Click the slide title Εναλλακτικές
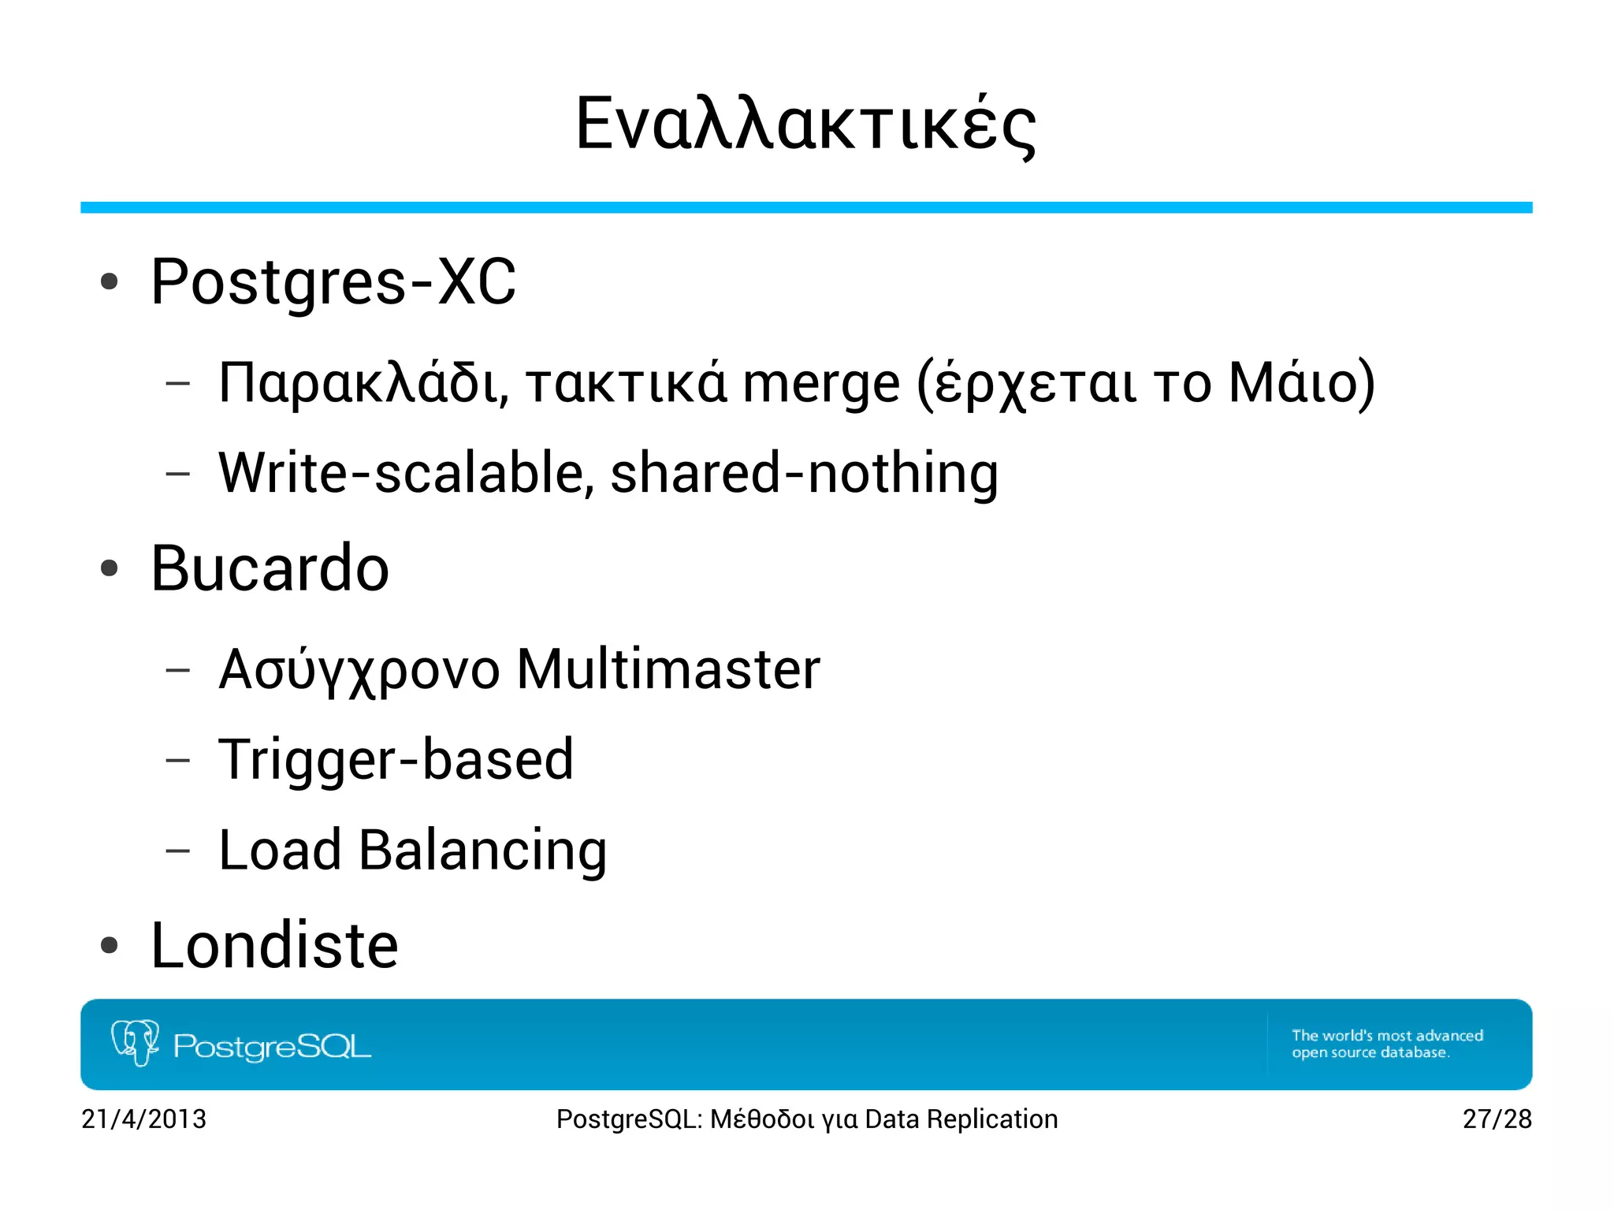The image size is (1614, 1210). [x=805, y=125]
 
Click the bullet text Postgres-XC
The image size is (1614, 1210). [x=333, y=282]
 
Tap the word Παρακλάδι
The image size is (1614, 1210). [x=359, y=383]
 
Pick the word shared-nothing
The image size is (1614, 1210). [x=804, y=473]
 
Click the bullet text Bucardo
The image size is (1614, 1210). [x=270, y=568]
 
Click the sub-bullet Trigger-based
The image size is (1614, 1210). [x=396, y=760]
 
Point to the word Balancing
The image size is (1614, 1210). [x=482, y=851]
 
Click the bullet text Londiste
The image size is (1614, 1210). [x=274, y=945]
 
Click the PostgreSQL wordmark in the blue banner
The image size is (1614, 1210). [x=272, y=1047]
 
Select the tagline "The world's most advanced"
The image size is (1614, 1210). [x=1387, y=1036]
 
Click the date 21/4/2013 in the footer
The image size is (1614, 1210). [x=143, y=1119]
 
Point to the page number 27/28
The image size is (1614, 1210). [x=1497, y=1119]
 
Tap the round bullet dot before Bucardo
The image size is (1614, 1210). [x=110, y=568]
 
